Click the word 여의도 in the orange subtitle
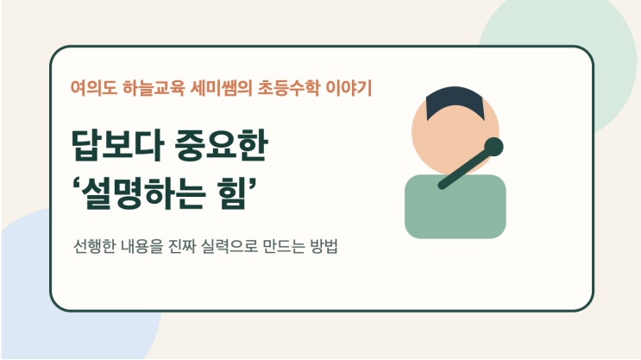pyautogui.click(x=94, y=88)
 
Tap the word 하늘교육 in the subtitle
pyautogui.click(x=154, y=88)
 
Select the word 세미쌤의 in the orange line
pyautogui.click(x=221, y=88)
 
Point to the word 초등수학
pyautogui.click(x=288, y=88)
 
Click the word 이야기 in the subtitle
pyautogui.click(x=349, y=88)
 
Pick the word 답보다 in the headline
pyautogui.click(x=117, y=145)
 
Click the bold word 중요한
pyautogui.click(x=221, y=145)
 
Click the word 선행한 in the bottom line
pyautogui.click(x=94, y=246)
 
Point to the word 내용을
pyautogui.click(x=141, y=246)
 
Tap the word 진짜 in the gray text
pyautogui.click(x=181, y=246)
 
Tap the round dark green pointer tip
pyautogui.click(x=493, y=147)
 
